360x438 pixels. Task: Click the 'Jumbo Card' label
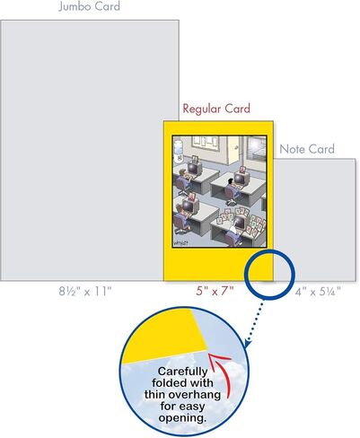(89, 6)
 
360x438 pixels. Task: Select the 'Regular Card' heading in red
(216, 109)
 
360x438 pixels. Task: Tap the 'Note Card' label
(307, 149)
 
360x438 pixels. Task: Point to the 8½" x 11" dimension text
(85, 291)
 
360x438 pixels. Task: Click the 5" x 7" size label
(215, 291)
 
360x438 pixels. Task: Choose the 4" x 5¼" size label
(318, 292)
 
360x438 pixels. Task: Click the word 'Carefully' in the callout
(182, 372)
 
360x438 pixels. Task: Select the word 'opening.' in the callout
(182, 418)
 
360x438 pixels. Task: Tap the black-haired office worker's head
(230, 181)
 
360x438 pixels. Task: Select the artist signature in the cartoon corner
(180, 243)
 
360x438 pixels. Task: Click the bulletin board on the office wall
(206, 142)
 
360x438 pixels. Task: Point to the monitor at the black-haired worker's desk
(240, 180)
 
